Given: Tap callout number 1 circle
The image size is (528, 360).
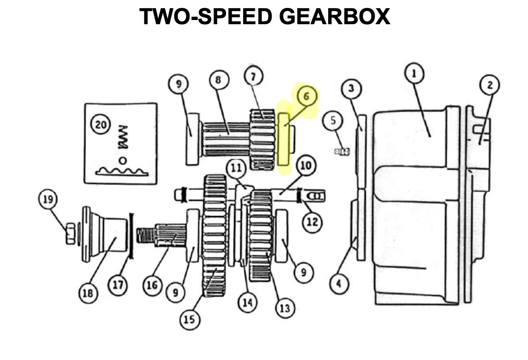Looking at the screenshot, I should (414, 74).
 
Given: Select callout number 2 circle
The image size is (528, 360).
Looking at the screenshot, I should (490, 85).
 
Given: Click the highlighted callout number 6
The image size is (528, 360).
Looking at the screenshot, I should (306, 96).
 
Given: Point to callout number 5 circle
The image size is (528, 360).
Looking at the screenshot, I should (333, 121).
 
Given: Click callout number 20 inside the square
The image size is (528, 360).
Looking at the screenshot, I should (101, 125).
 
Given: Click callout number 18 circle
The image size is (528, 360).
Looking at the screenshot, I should (87, 293).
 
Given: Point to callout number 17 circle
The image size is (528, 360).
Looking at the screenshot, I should (118, 285).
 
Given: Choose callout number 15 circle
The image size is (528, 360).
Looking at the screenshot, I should (189, 320).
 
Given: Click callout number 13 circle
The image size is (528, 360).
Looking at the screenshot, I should (284, 309).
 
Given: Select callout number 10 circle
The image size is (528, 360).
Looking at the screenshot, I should (305, 166).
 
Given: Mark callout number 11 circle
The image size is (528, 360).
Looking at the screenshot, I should (236, 167).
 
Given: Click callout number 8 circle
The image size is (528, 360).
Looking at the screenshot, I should (218, 80).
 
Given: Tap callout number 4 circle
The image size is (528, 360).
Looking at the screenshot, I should (339, 284).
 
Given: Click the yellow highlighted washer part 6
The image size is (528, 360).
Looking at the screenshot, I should (284, 140).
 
